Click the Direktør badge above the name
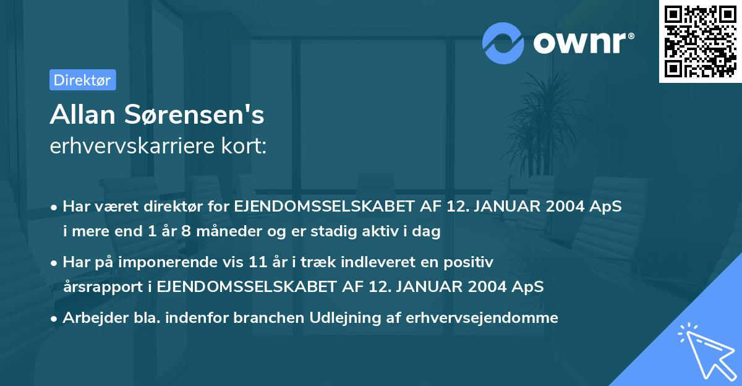[x=82, y=80]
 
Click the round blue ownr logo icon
[x=503, y=43]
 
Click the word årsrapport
[x=93, y=287]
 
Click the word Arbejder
[x=89, y=318]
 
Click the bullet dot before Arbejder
[x=55, y=319]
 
